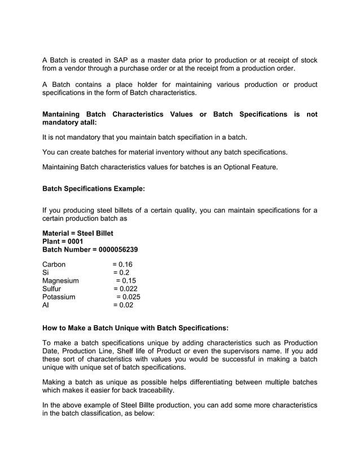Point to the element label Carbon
pos(54,265)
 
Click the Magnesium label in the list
pos(61,280)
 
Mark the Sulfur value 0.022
pos(127,289)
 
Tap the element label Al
pos(46,305)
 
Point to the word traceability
pos(152,391)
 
